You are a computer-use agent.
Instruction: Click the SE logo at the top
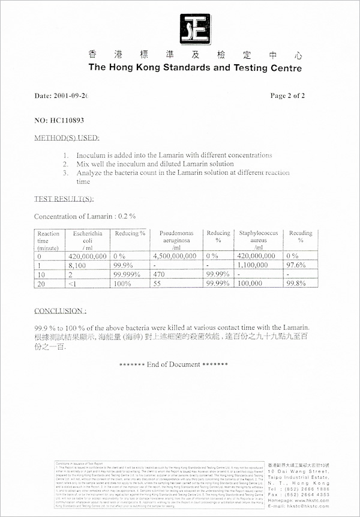coord(195,26)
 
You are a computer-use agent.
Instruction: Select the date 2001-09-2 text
coord(61,95)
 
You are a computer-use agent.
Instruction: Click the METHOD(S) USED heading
coord(66,138)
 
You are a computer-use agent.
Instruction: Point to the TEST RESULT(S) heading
coord(64,199)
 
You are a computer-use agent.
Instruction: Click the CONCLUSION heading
coord(59,311)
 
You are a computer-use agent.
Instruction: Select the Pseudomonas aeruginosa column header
coord(176,240)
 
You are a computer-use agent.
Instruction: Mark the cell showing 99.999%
coord(128,273)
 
